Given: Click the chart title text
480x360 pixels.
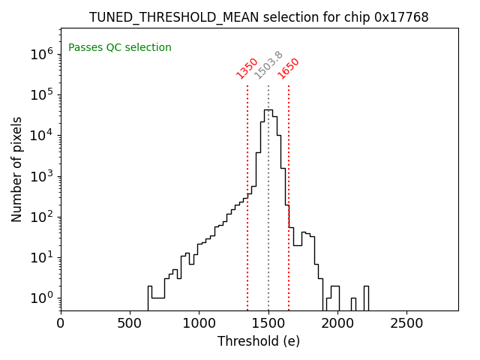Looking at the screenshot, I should point(259,17).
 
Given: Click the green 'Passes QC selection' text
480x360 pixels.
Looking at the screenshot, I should point(120,47).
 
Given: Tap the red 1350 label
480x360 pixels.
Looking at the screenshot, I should point(247,67).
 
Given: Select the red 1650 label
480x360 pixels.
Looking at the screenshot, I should point(288,67).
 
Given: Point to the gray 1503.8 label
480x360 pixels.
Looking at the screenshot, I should point(268,64).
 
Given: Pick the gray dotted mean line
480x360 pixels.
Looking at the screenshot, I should point(268,225).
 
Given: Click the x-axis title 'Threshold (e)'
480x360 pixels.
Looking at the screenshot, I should point(259,341).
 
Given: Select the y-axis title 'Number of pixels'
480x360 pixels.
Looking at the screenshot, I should point(17,169).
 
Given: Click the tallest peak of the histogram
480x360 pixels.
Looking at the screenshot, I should point(268,111).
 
